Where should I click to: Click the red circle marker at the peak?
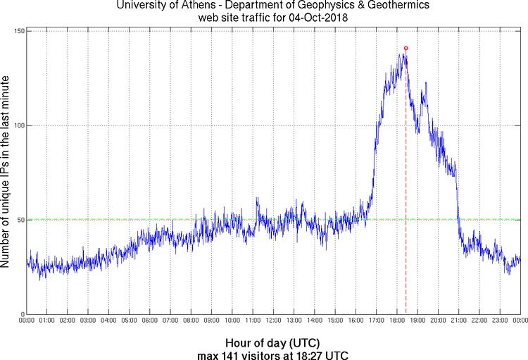(406, 48)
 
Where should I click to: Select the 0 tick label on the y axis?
(21, 314)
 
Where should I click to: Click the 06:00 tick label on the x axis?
(150, 321)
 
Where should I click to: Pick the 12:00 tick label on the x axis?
(273, 321)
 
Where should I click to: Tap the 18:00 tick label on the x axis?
(396, 321)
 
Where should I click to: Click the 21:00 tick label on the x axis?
(458, 321)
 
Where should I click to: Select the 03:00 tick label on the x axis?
(88, 321)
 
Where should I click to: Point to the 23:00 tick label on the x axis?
(499, 321)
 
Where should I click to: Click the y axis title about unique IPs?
(6, 173)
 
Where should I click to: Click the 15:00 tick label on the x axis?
(335, 321)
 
